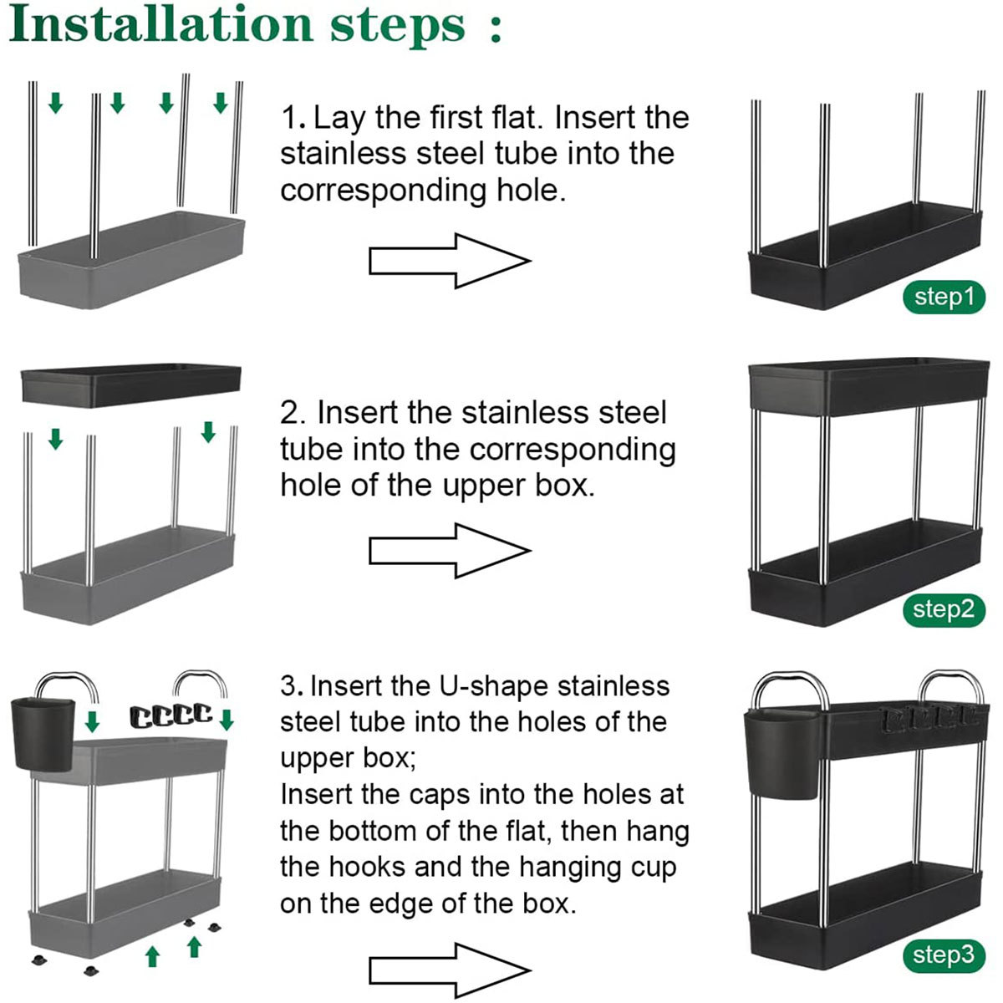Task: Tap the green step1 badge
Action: (944, 298)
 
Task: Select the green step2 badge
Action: (944, 609)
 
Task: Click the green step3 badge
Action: (944, 955)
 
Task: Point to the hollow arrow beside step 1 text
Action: (450, 261)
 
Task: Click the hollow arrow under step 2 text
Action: (450, 551)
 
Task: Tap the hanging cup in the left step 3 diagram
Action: (43, 735)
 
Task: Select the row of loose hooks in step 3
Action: (171, 715)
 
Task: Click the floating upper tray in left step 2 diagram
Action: (130, 385)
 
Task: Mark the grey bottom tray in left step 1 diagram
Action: (131, 260)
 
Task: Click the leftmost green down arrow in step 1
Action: (56, 103)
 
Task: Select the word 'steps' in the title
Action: (398, 27)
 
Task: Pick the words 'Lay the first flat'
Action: (428, 118)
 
